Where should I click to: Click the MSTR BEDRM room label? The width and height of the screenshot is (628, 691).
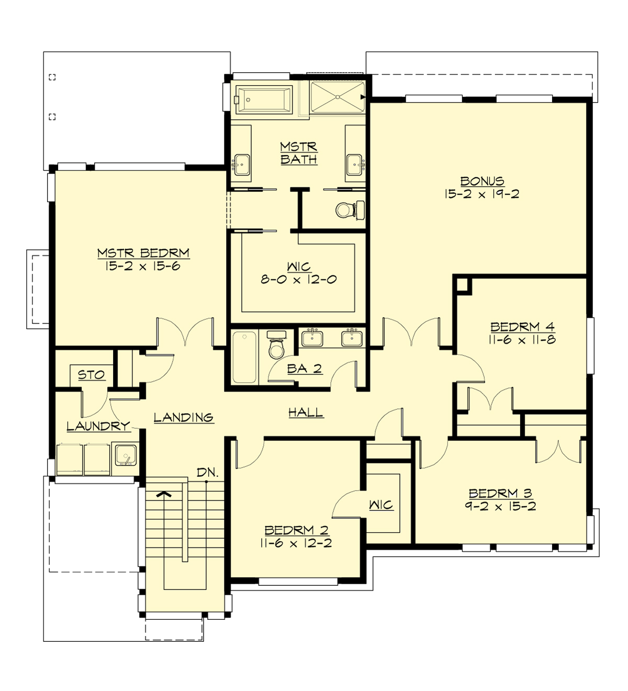pyautogui.click(x=143, y=253)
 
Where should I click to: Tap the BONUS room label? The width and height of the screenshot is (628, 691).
pyautogui.click(x=482, y=182)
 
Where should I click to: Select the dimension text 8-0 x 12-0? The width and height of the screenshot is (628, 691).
pyautogui.click(x=298, y=280)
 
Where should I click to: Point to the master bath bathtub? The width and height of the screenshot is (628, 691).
pyautogui.click(x=263, y=99)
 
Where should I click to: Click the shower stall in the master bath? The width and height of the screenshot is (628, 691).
pyautogui.click(x=337, y=97)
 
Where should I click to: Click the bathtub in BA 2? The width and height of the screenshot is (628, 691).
pyautogui.click(x=244, y=357)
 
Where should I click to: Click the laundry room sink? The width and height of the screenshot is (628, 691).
pyautogui.click(x=125, y=455)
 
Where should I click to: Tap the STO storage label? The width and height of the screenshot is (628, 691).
pyautogui.click(x=91, y=375)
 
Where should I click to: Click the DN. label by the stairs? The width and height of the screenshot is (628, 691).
pyautogui.click(x=207, y=472)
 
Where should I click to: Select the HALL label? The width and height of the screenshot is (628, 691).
pyautogui.click(x=306, y=413)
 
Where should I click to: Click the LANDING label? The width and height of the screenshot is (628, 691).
pyautogui.click(x=183, y=417)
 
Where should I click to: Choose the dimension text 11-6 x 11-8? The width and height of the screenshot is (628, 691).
pyautogui.click(x=522, y=340)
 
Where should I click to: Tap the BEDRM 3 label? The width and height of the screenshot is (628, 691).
pyautogui.click(x=500, y=493)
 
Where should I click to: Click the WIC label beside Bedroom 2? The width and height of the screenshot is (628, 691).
pyautogui.click(x=380, y=505)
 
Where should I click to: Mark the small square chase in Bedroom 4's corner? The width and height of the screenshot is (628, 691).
pyautogui.click(x=463, y=285)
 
